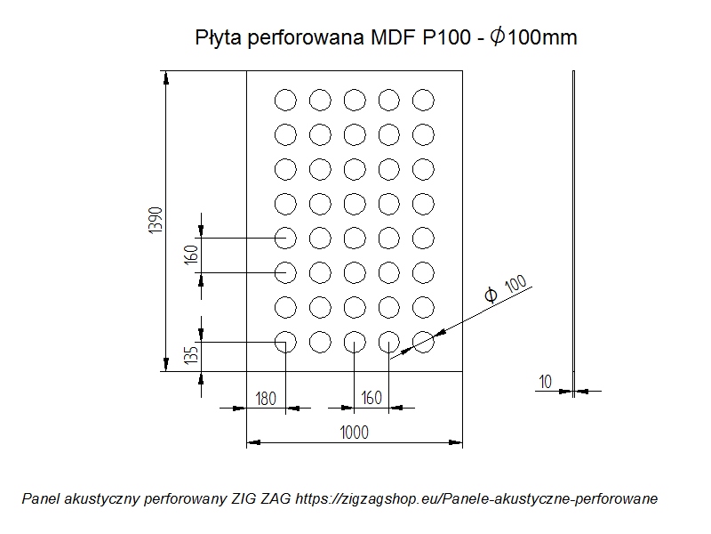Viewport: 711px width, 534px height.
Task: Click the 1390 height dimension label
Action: coord(156,220)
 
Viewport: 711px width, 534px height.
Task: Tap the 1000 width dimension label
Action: coord(354,433)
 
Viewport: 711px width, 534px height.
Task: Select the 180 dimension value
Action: coord(266,399)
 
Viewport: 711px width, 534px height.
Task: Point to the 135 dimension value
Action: coord(192,355)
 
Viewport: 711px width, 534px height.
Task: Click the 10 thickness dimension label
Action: coord(545,382)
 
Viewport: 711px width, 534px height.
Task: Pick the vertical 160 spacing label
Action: coord(192,255)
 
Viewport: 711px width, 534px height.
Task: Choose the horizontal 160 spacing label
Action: coord(371,398)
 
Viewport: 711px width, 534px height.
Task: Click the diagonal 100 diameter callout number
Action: coord(515,284)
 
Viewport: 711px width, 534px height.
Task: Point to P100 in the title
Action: coord(447,37)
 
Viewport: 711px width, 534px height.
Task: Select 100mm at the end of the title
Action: coord(542,37)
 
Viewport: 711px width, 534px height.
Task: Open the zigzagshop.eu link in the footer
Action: coord(476,499)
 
